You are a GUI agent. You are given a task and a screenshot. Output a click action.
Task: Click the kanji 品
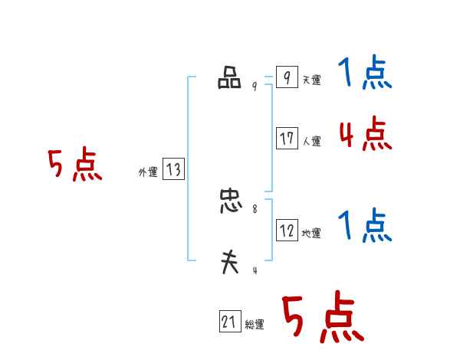click(x=229, y=79)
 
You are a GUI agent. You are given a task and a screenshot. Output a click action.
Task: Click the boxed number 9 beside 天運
click(x=287, y=77)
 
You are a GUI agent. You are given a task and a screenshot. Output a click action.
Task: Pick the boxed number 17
click(x=287, y=139)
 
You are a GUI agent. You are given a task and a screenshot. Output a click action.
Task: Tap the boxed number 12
click(x=287, y=231)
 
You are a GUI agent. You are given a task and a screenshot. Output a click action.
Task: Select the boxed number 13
click(x=173, y=170)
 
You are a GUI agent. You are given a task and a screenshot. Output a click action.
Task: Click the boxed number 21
click(x=229, y=322)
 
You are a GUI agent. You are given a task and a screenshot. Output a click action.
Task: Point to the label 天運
click(x=311, y=80)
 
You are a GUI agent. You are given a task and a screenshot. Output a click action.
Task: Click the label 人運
click(x=311, y=142)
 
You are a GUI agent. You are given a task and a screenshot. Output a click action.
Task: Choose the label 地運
click(x=311, y=234)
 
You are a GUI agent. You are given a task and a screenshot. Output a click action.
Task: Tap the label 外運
click(x=148, y=173)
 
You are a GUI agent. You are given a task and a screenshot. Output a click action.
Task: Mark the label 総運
click(x=255, y=325)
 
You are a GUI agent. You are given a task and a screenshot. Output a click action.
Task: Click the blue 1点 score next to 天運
click(x=365, y=75)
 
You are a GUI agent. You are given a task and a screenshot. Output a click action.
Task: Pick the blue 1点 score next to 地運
click(x=365, y=226)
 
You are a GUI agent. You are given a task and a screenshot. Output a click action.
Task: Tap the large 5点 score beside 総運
click(x=323, y=318)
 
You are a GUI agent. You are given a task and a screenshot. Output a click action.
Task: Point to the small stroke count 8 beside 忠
click(x=255, y=208)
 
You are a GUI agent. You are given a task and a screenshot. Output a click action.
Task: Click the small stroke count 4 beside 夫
click(x=255, y=270)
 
